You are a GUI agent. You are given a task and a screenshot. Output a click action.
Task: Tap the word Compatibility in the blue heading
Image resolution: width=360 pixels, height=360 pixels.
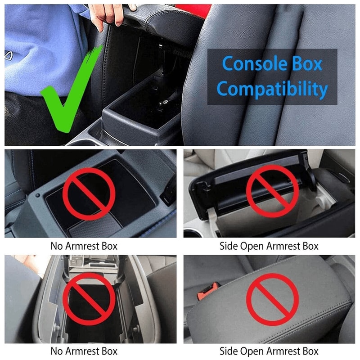[x=272, y=89]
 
